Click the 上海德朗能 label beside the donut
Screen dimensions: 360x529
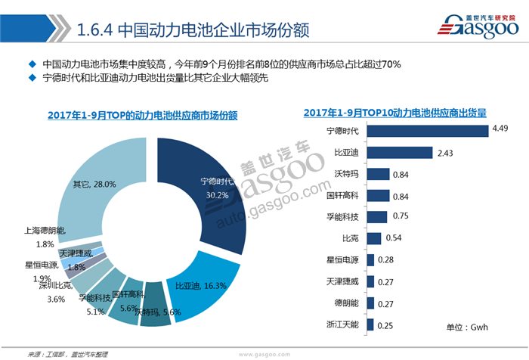point(44,230)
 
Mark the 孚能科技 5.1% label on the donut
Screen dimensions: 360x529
point(94,303)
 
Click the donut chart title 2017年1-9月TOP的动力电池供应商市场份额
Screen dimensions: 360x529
point(142,115)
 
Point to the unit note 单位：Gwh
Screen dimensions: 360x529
point(469,327)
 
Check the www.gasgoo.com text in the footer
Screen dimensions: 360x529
point(265,353)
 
